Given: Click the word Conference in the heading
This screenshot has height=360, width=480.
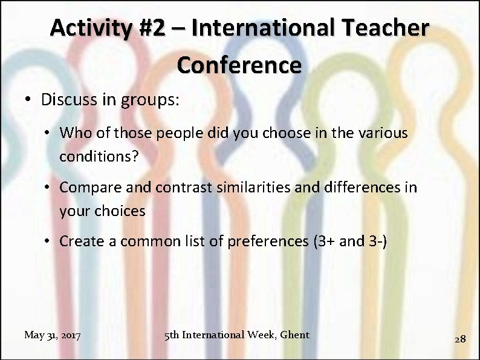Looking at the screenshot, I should (x=239, y=65).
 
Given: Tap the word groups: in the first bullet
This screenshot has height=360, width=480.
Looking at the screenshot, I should (x=149, y=99).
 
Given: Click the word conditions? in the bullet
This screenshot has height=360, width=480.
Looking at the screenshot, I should (x=99, y=156).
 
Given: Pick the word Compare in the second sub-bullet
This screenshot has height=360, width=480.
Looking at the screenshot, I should (x=85, y=187).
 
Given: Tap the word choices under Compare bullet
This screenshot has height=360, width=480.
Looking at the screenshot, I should (x=120, y=211).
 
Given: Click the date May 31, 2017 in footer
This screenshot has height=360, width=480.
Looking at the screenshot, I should (x=53, y=335).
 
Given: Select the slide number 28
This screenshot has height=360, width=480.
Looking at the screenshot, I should (x=460, y=339).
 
